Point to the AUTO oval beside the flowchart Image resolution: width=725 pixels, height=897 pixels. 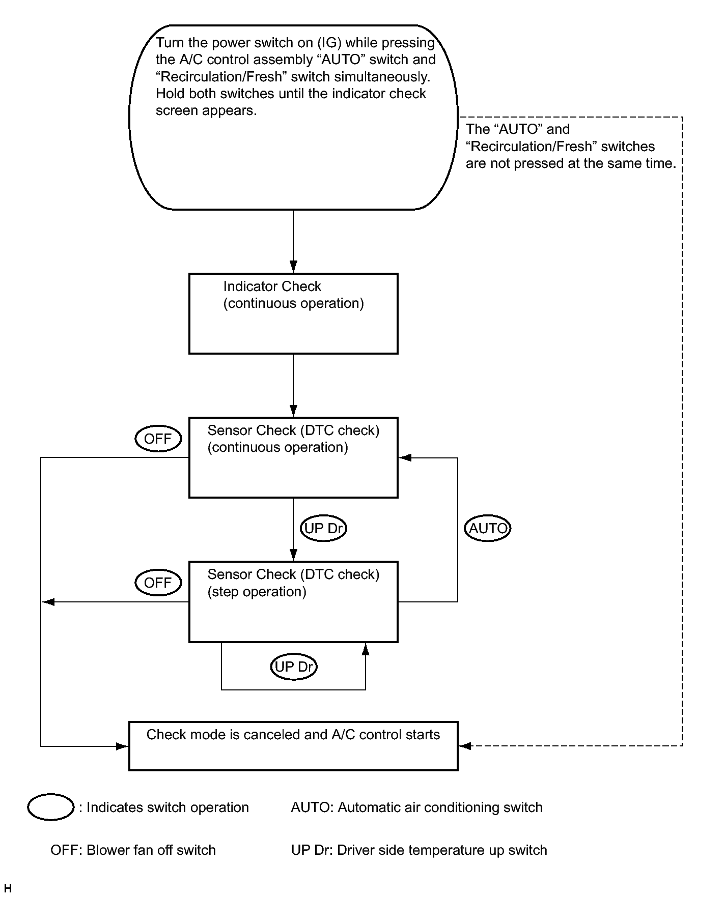[488, 528]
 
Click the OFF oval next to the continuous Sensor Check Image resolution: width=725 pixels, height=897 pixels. [158, 439]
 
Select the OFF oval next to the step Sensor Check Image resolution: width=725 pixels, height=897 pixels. [158, 583]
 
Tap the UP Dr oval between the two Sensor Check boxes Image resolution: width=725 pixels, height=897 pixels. [323, 528]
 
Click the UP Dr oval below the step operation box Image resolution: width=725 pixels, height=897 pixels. [294, 667]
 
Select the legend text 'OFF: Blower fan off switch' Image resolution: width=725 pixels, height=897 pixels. [133, 850]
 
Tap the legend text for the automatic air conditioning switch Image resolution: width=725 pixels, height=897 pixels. [416, 807]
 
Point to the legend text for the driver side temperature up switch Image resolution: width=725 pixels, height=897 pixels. [419, 850]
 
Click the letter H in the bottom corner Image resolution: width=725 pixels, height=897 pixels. [8, 888]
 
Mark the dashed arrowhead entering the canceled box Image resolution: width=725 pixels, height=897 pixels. [465, 746]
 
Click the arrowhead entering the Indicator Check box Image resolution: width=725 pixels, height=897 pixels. [293, 267]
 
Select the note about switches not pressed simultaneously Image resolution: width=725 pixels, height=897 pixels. [571, 147]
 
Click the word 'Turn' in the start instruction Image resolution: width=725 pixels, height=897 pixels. [170, 43]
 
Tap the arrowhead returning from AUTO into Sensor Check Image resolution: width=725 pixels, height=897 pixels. [405, 457]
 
